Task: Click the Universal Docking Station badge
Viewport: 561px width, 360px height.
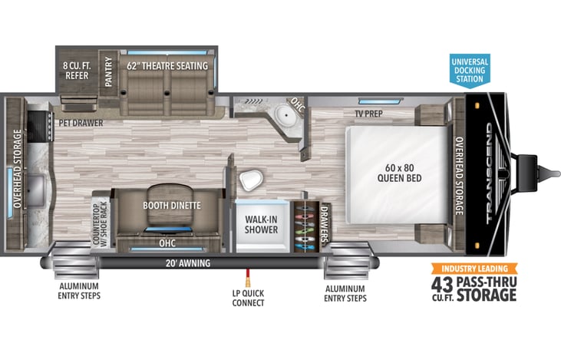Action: coord(470,71)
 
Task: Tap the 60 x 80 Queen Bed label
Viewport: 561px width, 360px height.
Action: coord(399,173)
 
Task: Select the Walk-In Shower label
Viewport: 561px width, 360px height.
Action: coord(261,224)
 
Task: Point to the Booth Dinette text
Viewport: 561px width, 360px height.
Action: coord(172,206)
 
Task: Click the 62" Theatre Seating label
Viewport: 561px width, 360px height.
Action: coord(167,66)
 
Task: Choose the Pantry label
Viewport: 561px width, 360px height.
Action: coord(108,71)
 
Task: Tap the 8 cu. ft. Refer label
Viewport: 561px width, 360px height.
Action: coord(77,71)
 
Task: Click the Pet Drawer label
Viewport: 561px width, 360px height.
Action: coord(81,123)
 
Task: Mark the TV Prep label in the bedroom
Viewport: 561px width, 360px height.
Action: coord(368,114)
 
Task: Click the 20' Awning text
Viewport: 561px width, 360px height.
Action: coord(188,263)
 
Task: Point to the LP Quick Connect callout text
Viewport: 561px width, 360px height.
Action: coord(248,298)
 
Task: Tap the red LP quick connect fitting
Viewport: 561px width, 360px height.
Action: coord(247,277)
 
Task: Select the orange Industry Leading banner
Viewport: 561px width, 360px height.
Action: coord(474,269)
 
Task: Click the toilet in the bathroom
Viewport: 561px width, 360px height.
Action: coord(251,180)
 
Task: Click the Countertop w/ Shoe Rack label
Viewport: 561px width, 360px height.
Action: coord(100,224)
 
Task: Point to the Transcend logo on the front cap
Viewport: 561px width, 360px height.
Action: coord(490,173)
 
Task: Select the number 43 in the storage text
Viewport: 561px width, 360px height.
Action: coord(442,285)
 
